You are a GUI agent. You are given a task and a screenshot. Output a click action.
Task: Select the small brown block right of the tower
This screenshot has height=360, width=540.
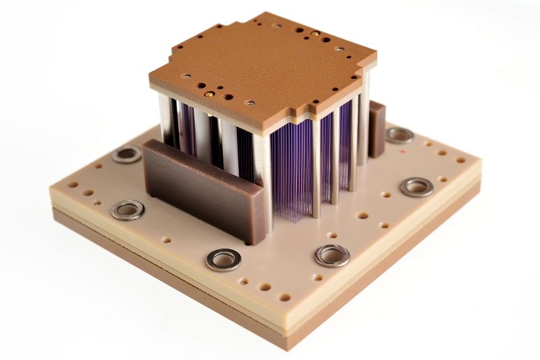pos(377,128)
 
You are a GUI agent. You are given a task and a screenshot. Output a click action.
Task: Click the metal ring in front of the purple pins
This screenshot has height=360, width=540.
pos(332,255)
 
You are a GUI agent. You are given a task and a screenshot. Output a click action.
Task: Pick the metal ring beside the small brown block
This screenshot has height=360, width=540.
pos(400,135)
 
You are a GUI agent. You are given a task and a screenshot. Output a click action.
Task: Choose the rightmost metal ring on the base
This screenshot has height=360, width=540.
pos(416,186)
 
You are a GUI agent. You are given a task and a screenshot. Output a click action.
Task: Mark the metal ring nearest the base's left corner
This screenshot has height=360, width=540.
pos(128,209)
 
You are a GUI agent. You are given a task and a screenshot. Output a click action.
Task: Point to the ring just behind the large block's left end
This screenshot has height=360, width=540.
pos(127,154)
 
